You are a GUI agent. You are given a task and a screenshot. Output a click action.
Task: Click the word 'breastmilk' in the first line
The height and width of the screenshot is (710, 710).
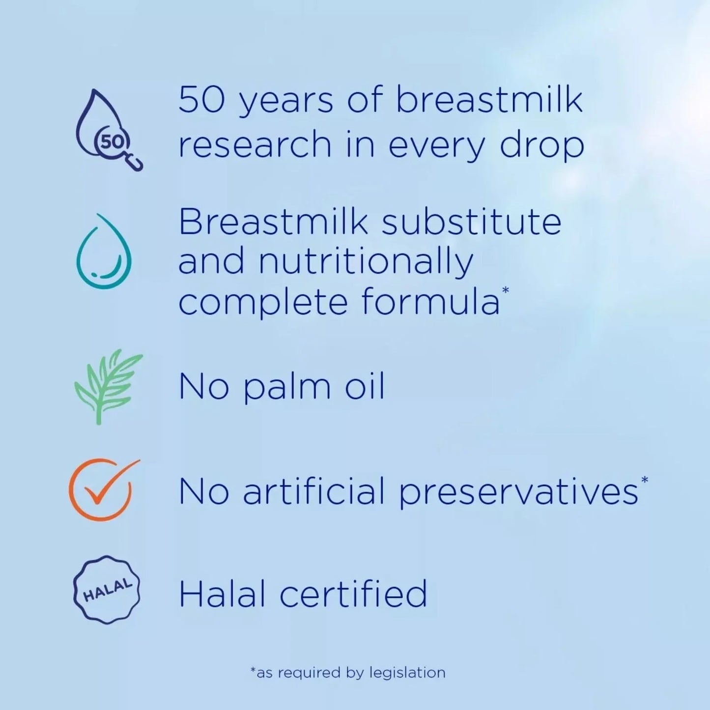(x=489, y=100)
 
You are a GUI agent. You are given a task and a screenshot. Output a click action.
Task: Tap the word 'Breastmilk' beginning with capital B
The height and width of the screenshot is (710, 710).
(x=273, y=222)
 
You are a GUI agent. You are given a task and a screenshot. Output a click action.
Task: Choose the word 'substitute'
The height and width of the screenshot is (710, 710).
(x=471, y=222)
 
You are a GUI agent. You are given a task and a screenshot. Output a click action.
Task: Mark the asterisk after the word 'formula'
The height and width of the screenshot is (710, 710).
(x=505, y=291)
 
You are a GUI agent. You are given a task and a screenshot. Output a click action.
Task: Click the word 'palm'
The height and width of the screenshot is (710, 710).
(x=287, y=387)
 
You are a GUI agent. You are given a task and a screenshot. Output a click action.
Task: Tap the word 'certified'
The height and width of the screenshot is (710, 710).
(x=353, y=594)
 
